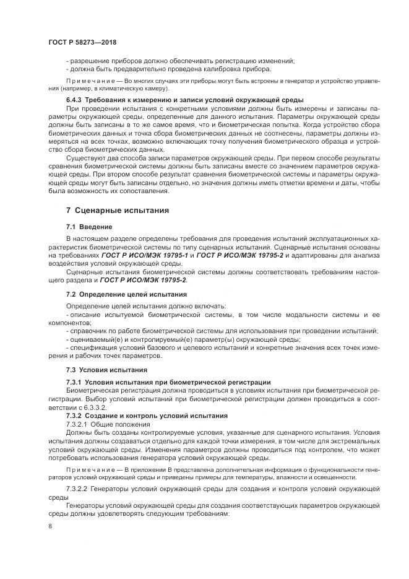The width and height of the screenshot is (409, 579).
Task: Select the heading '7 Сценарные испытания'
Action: [x=118, y=211]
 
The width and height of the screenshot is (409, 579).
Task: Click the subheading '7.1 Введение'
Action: [x=89, y=227]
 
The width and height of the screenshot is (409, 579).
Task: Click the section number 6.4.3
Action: [x=75, y=100]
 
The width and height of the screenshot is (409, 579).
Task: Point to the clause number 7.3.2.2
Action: [x=80, y=489]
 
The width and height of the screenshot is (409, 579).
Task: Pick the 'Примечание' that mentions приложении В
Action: [x=93, y=470]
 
